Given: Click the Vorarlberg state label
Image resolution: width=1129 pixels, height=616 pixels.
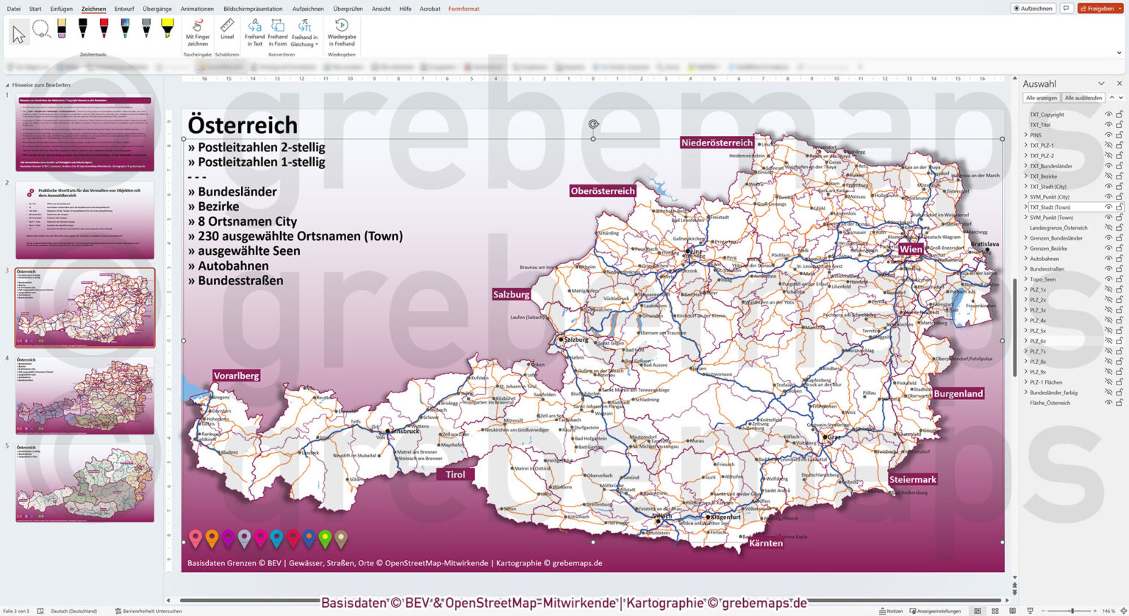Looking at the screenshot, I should (x=237, y=376).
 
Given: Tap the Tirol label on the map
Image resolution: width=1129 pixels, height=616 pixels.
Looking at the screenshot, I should (x=455, y=474).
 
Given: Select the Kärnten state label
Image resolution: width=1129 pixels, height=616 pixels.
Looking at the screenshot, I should (x=765, y=543).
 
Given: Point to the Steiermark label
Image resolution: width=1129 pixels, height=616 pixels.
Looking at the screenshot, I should (x=912, y=479).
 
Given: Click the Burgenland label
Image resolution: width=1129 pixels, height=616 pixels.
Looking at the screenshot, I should (x=958, y=393).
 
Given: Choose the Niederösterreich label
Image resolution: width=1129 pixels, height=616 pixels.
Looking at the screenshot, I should (x=717, y=143).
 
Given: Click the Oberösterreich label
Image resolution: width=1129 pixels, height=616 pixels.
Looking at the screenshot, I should (x=602, y=191).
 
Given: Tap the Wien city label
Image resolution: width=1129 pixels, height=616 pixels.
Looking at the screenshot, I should (x=910, y=249).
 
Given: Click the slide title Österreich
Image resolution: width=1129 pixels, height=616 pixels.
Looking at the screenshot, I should (x=243, y=124).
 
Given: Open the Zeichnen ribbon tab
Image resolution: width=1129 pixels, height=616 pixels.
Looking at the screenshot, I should (x=93, y=9).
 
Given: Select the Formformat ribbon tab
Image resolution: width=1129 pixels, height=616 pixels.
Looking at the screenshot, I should (x=464, y=9).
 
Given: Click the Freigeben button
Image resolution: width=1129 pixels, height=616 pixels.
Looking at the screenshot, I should (x=1100, y=9).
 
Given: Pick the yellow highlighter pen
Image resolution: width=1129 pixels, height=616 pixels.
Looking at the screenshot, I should (x=167, y=29).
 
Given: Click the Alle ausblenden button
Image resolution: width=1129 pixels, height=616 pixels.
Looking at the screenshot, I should (x=1083, y=98).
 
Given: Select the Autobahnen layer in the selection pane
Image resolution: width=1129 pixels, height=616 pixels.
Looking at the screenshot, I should (x=1044, y=259).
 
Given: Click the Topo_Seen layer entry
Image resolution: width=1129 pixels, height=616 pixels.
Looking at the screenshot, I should (x=1042, y=279).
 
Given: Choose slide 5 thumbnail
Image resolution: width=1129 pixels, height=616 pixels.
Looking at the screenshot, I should (x=85, y=482).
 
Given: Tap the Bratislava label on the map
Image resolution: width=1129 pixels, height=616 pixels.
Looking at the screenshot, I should (x=984, y=243).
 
